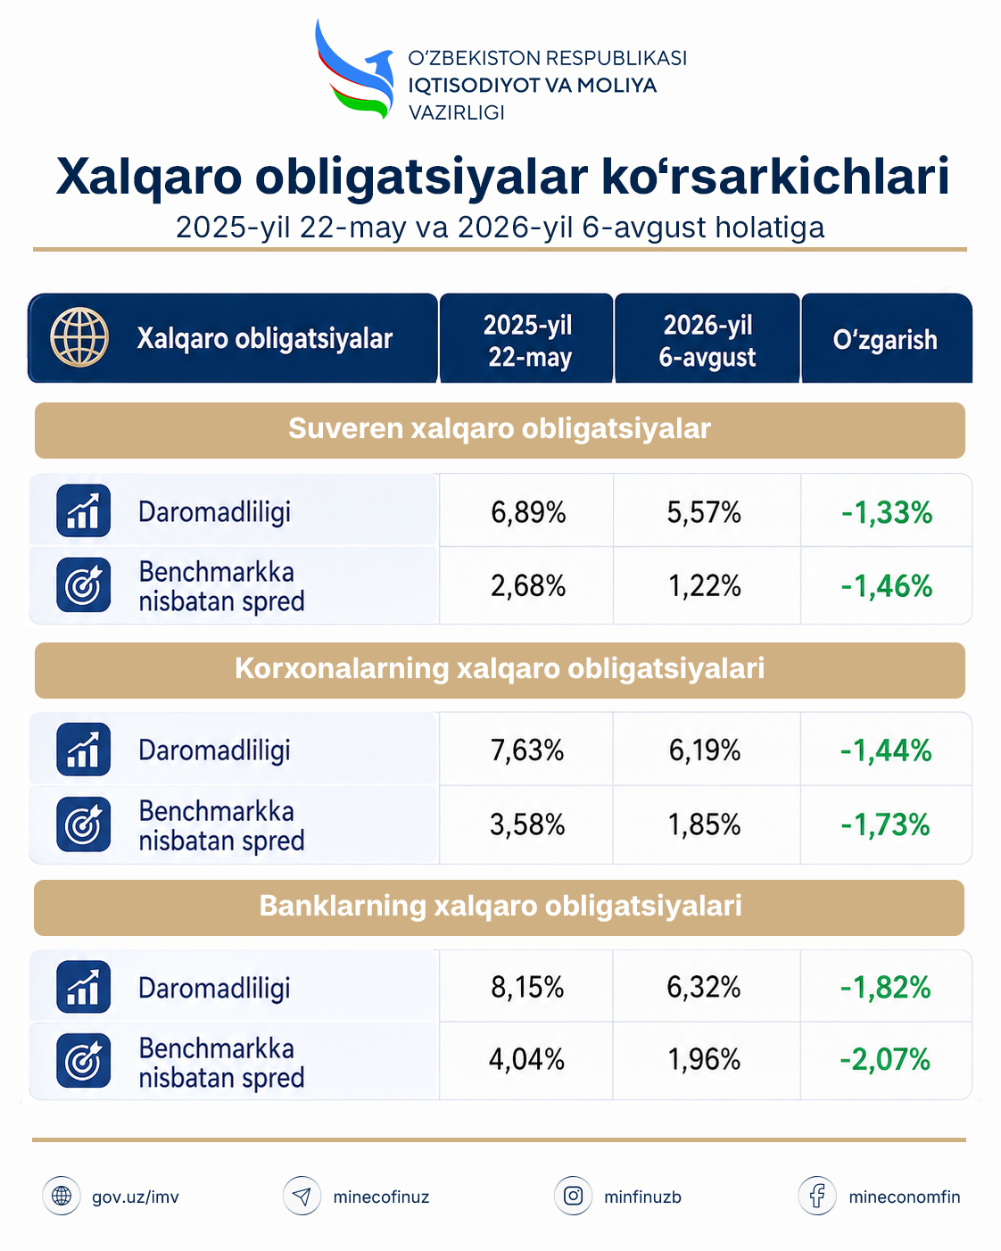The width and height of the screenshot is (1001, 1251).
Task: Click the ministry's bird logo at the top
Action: click(x=354, y=70)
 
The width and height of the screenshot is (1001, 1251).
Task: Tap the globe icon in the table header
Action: click(x=79, y=337)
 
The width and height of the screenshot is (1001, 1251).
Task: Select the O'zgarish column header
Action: click(x=885, y=339)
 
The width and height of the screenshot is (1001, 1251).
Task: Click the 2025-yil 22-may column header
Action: click(x=528, y=341)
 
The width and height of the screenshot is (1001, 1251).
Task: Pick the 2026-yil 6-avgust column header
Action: click(x=707, y=341)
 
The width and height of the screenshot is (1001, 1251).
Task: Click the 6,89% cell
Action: click(x=528, y=512)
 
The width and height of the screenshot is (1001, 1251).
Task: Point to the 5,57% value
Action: click(x=704, y=512)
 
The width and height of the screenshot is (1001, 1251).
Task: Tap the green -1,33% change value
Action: click(x=887, y=513)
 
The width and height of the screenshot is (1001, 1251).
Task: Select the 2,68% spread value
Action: click(x=528, y=586)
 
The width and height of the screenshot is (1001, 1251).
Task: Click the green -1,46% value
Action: click(x=887, y=586)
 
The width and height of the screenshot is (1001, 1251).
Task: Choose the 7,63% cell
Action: click(x=527, y=750)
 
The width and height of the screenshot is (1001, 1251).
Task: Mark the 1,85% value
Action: click(x=705, y=824)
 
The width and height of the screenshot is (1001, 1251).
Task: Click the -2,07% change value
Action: click(x=885, y=1060)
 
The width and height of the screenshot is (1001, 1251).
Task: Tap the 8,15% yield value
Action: click(x=527, y=988)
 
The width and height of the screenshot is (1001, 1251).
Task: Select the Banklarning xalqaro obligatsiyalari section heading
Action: click(x=500, y=906)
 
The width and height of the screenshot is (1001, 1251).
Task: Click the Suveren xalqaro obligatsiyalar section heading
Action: click(x=500, y=428)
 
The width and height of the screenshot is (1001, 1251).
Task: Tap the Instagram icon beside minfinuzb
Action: click(x=573, y=1196)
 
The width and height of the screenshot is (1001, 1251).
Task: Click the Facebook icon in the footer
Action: click(x=816, y=1196)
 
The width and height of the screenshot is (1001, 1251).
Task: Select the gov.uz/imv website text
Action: click(x=136, y=1197)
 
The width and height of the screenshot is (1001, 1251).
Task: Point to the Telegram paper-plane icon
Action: click(x=302, y=1196)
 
